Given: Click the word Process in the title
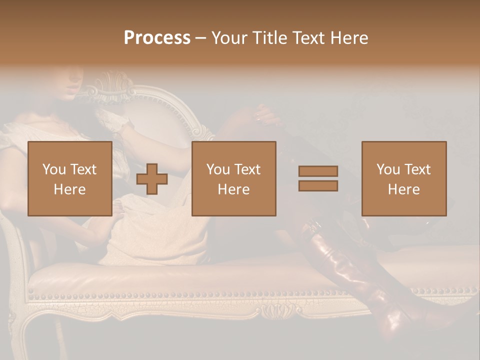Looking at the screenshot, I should pyautogui.click(x=157, y=38).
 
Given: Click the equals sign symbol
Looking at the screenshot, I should pyautogui.click(x=318, y=178).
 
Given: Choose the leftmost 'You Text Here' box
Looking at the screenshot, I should pyautogui.click(x=70, y=178).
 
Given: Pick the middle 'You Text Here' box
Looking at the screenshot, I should pyautogui.click(x=234, y=178).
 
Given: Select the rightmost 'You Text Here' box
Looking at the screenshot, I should pyautogui.click(x=404, y=178).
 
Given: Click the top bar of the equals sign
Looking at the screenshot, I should pyautogui.click(x=318, y=171).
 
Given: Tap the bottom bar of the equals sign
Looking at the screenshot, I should pyautogui.click(x=318, y=185).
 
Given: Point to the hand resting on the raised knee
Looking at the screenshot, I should pyautogui.click(x=265, y=116).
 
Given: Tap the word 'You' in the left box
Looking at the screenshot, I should pyautogui.click(x=54, y=169).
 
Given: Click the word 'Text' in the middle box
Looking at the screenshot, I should pyautogui.click(x=247, y=169).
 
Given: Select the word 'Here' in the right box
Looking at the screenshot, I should pyautogui.click(x=404, y=189).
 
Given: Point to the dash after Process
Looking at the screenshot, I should pyautogui.click(x=201, y=38).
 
